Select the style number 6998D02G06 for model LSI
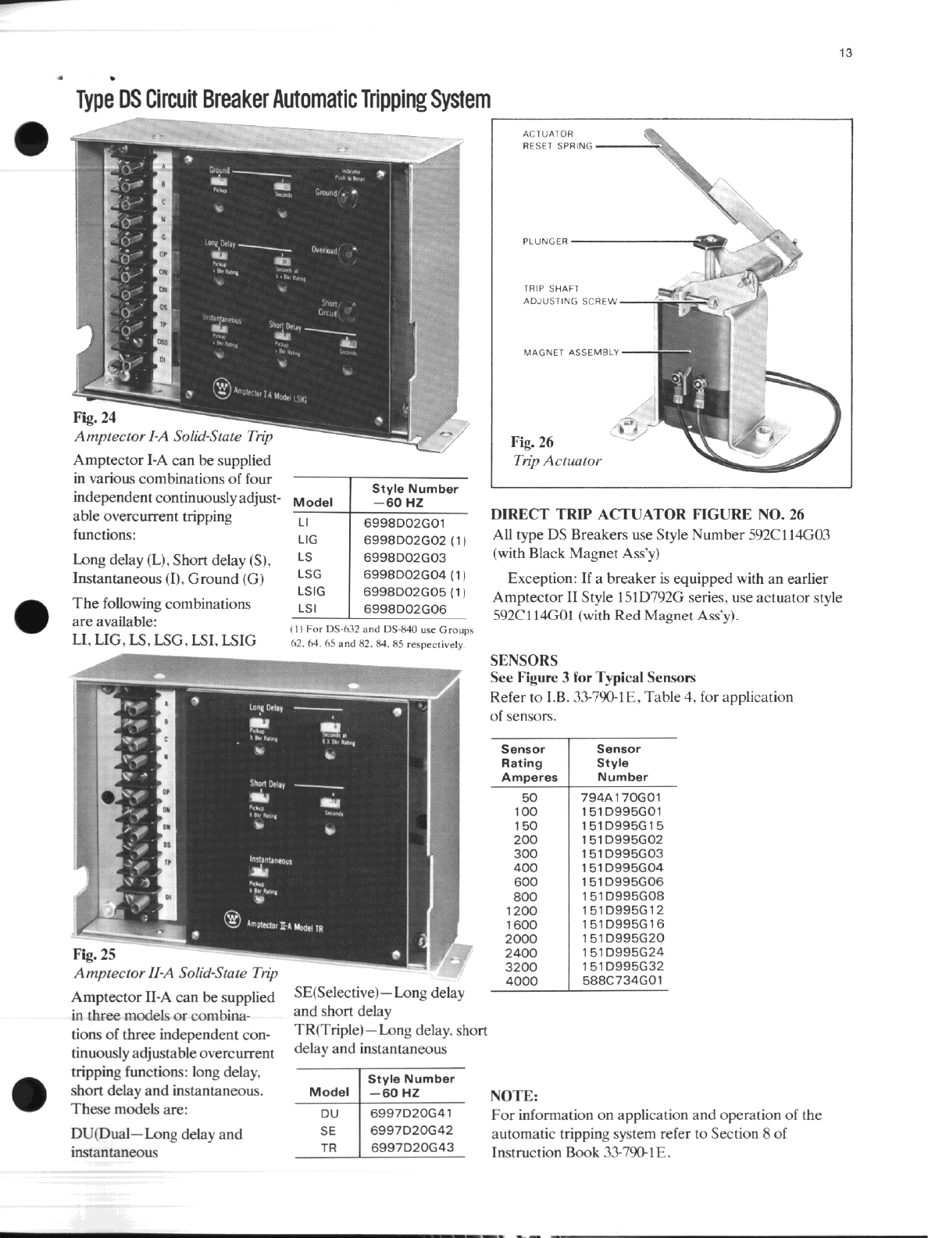(x=405, y=609)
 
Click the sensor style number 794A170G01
(x=621, y=798)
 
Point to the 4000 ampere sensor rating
(x=521, y=981)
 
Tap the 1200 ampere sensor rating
(x=521, y=911)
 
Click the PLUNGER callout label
(x=545, y=241)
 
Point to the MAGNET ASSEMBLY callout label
(x=571, y=352)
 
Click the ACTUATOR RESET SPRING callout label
(x=557, y=140)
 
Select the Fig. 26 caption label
(x=532, y=442)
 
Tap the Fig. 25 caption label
(x=94, y=954)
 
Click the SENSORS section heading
(x=523, y=660)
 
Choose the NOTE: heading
(x=514, y=1096)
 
